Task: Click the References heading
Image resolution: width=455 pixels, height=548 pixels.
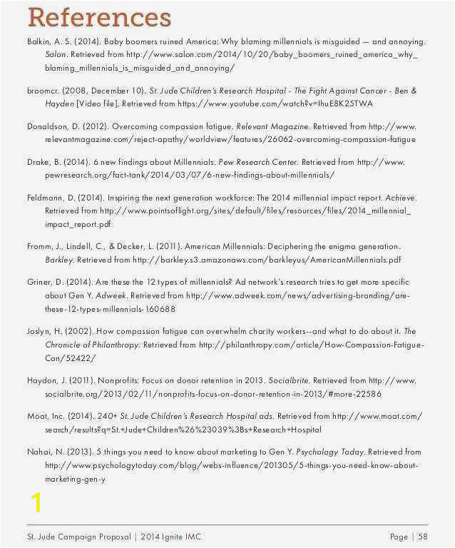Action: tap(99, 17)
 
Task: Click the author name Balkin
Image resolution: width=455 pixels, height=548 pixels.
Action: tap(39, 41)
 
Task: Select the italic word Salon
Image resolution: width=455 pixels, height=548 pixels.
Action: tap(56, 54)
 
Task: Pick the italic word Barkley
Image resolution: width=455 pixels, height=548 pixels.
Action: tap(59, 260)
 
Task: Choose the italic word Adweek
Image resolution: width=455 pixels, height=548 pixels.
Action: tap(111, 295)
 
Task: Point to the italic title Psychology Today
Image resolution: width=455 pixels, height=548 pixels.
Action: tap(329, 452)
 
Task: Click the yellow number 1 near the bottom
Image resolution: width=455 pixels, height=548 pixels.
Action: tap(36, 502)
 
